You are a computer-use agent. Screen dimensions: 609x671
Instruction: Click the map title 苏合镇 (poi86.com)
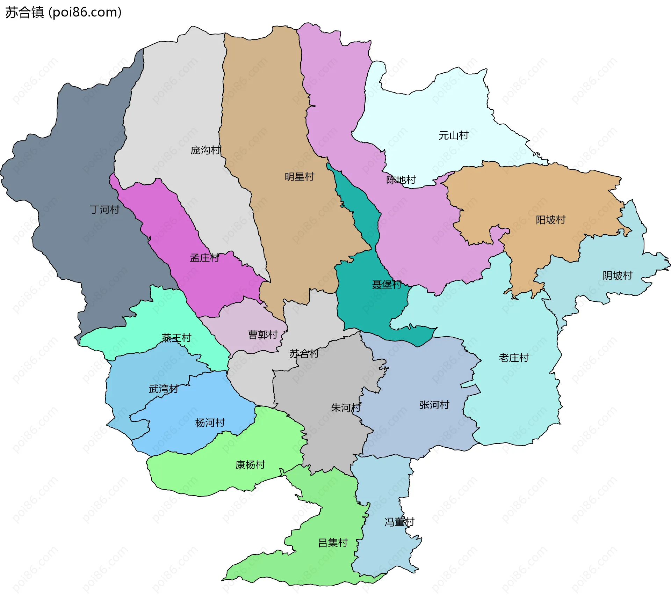pos(63,13)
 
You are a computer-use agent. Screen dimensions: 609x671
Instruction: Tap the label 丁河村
pos(104,210)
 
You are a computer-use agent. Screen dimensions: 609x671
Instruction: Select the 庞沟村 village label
pos(205,150)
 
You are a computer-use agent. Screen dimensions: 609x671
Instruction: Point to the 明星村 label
pos(299,177)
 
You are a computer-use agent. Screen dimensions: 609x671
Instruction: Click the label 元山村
pos(453,135)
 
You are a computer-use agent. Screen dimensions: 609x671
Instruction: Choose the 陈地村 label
pos(401,180)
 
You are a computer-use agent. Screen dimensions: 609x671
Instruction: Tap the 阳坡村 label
pos(550,220)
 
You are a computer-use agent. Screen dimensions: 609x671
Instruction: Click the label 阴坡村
pos(617,276)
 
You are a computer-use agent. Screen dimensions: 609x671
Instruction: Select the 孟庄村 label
pos(204,258)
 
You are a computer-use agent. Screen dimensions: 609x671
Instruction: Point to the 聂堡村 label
pos(386,285)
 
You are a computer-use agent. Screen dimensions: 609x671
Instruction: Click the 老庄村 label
pos(513,358)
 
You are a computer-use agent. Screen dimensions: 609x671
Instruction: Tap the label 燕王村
pos(176,338)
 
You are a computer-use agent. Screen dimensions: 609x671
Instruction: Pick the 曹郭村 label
pos(263,335)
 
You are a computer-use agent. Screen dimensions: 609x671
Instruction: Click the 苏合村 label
pos(304,354)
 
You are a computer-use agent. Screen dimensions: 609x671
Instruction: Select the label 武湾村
pos(164,389)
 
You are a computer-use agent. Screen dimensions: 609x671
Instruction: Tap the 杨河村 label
pos(210,423)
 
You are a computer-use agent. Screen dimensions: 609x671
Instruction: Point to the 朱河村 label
pos(346,408)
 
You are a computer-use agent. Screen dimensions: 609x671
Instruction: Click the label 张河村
pos(434,405)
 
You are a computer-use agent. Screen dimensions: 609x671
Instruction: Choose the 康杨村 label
pos(250,465)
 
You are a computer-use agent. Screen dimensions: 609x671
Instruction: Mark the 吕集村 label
pos(333,543)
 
